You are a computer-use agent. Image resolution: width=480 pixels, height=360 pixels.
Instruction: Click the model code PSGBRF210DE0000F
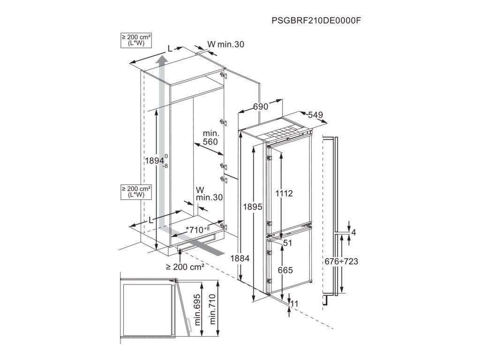pyautogui.click(x=318, y=21)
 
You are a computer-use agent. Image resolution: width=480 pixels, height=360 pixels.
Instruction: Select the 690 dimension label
pyautogui.click(x=261, y=107)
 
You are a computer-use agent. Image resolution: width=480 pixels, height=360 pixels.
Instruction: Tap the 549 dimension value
pyautogui.click(x=315, y=115)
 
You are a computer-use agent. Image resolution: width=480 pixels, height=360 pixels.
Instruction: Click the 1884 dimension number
pyautogui.click(x=240, y=258)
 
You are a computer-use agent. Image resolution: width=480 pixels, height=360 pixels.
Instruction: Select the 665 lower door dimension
pyautogui.click(x=285, y=270)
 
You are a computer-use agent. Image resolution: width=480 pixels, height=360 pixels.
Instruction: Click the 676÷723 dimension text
pyautogui.click(x=341, y=261)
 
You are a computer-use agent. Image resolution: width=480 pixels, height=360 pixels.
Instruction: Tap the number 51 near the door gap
pyautogui.click(x=287, y=243)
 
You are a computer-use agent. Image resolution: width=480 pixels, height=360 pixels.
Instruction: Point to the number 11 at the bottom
pyautogui.click(x=294, y=304)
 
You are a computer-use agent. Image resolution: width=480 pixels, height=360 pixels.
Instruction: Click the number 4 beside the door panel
pyautogui.click(x=353, y=232)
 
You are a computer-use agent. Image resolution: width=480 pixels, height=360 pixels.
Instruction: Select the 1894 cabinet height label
pyautogui.click(x=155, y=160)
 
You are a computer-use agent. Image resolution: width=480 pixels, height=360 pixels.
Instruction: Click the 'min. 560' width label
pyautogui.click(x=211, y=138)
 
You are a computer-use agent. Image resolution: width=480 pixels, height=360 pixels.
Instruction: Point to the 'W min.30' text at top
pyautogui.click(x=225, y=45)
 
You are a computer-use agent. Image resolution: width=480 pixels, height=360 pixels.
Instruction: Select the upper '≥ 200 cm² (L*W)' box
pyautogui.click(x=136, y=40)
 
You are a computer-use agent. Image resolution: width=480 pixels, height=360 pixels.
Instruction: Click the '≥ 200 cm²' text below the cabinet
pyautogui.click(x=185, y=267)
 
